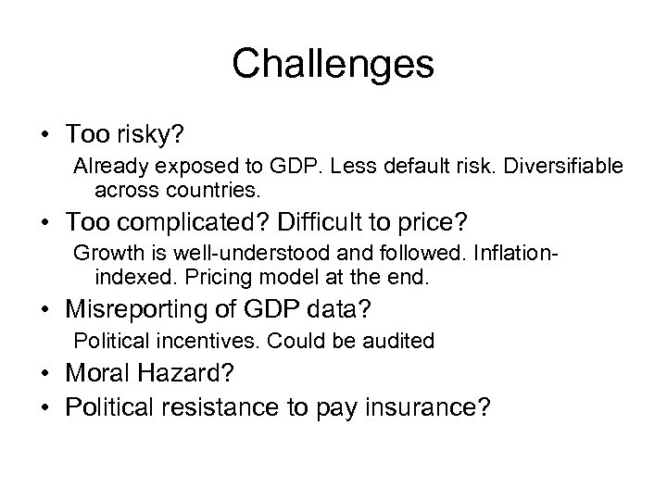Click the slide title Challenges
[x=333, y=64]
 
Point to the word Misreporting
[x=153, y=308]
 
